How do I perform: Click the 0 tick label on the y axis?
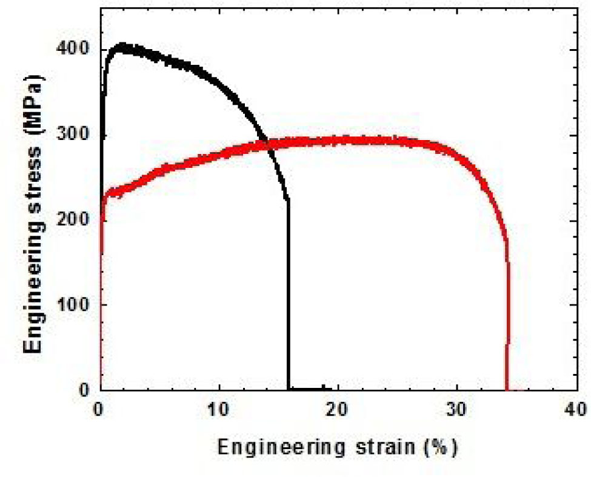85,390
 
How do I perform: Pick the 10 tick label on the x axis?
219,410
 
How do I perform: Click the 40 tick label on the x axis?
575,410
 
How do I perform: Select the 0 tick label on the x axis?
101,410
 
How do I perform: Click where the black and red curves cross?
264,144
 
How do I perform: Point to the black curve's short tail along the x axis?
307,389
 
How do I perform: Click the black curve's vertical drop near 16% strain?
289,291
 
